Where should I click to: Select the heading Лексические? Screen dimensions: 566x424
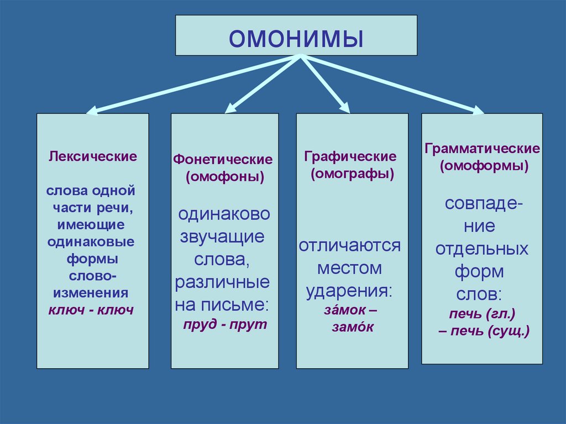[x=93, y=156]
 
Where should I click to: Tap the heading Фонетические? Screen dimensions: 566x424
[x=224, y=159]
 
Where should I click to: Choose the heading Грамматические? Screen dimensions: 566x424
[x=483, y=149]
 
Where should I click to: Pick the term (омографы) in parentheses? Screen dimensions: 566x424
[x=352, y=174]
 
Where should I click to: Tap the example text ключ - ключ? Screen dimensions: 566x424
[x=92, y=310]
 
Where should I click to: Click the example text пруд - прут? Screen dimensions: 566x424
[x=225, y=324]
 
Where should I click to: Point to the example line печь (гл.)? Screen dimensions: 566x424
[x=483, y=315]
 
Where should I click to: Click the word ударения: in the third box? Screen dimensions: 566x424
[x=350, y=291]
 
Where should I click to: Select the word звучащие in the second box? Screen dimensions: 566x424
[x=223, y=237]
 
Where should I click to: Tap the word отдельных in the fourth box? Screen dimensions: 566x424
[x=482, y=249]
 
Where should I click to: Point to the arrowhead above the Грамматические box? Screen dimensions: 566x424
[x=477, y=110]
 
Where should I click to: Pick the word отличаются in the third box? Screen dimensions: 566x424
[x=350, y=245]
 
